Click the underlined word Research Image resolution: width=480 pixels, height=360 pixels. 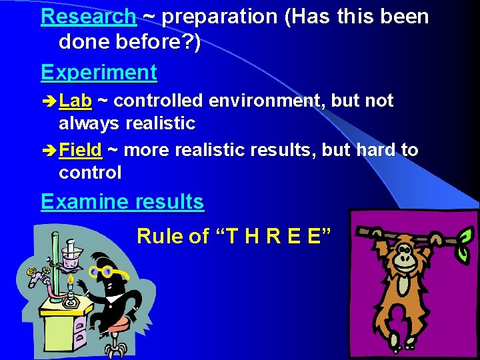89,17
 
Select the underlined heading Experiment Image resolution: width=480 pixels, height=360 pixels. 99,72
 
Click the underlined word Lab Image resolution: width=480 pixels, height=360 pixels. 75,101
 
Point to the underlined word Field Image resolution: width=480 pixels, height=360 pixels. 80,150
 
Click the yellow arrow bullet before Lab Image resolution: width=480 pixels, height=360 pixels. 49,102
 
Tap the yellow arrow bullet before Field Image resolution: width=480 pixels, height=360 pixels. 49,151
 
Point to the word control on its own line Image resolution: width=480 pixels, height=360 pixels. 90,173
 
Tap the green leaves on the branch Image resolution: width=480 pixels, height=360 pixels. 466,235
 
